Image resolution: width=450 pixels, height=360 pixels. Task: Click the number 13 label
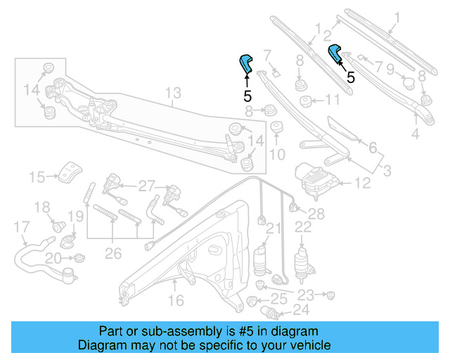pyautogui.click(x=173, y=93)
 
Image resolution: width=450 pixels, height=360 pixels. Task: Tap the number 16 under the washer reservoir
pyautogui.click(x=176, y=301)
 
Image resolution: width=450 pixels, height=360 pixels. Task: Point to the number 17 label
pyautogui.click(x=22, y=226)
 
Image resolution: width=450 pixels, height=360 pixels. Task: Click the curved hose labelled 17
pyautogui.click(x=32, y=252)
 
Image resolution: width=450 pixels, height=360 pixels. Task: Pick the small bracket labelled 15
pyautogui.click(x=70, y=171)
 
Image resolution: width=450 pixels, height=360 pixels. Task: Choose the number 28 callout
pyautogui.click(x=316, y=213)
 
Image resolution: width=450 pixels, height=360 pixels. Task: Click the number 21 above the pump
pyautogui.click(x=272, y=227)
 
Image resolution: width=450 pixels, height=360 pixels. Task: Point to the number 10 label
pyautogui.click(x=277, y=154)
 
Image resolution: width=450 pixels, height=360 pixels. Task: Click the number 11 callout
pyautogui.click(x=331, y=100)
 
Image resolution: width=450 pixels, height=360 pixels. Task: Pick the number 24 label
pyautogui.click(x=300, y=309)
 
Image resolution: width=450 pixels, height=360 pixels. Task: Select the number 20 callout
pyautogui.click(x=53, y=259)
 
